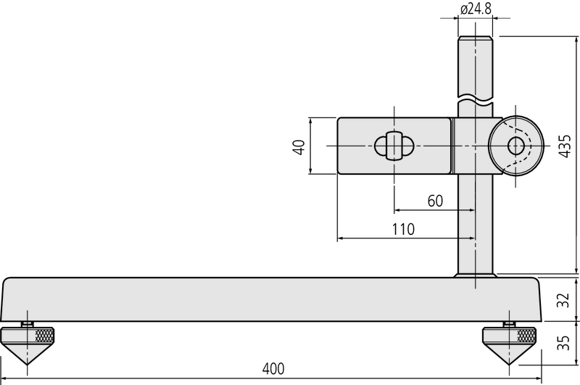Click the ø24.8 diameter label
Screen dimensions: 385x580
coord(476,10)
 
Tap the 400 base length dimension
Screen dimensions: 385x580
coord(272,368)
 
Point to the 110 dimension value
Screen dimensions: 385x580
coord(402,229)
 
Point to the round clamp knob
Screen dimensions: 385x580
coord(515,145)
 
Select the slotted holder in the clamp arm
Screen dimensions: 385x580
coord(394,146)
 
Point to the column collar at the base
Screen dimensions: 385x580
coord(476,275)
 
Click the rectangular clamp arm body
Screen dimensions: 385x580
coord(395,145)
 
